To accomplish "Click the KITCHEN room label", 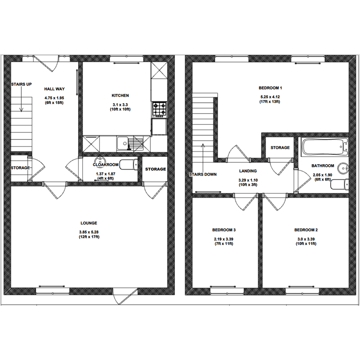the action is pos(120,96).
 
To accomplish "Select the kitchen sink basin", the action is pos(123,144).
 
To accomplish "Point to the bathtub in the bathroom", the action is pos(325,147).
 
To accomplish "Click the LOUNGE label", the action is pos(89,223).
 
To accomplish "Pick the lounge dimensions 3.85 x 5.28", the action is pos(89,232).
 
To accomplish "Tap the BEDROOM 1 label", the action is pos(270,88).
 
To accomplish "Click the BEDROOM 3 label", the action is pos(224,230).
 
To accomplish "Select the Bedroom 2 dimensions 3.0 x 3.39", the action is pos(306,239).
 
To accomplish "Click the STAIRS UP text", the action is pos(21,84).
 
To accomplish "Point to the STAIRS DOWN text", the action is pos(203,174).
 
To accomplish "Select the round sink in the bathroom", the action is pos(343,168).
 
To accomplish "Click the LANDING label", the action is pos(248,171).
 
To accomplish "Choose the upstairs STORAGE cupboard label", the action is pos(280,148).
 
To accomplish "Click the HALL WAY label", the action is pos(54,89).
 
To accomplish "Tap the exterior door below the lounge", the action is pos(125,296).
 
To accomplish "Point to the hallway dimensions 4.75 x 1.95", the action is pos(54,98).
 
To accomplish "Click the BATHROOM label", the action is pos(323,166).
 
